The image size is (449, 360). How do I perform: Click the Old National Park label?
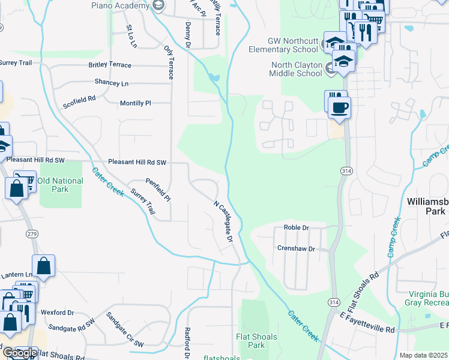(60, 185)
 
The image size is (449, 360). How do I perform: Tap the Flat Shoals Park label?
(256, 341)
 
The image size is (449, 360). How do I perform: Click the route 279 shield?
(32, 233)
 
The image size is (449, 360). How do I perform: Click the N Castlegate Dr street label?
(223, 221)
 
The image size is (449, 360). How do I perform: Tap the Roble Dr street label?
(296, 228)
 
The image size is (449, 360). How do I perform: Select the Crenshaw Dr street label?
(296, 248)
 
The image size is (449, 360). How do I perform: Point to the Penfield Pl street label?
(158, 189)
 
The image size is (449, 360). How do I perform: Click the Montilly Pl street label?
(136, 103)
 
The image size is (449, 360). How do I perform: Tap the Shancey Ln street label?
(111, 82)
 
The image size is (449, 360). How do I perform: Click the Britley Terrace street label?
(118, 65)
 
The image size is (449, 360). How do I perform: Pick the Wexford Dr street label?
(57, 313)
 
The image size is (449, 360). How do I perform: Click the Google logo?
(20, 353)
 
